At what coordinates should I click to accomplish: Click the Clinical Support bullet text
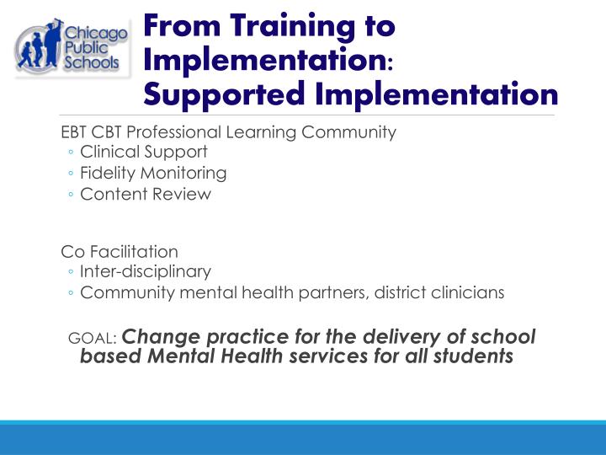143,153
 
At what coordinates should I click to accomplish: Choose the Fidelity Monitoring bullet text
153,173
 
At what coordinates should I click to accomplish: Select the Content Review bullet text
146,194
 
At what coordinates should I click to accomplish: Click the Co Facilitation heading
120,251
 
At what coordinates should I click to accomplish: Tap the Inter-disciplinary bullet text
146,271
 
